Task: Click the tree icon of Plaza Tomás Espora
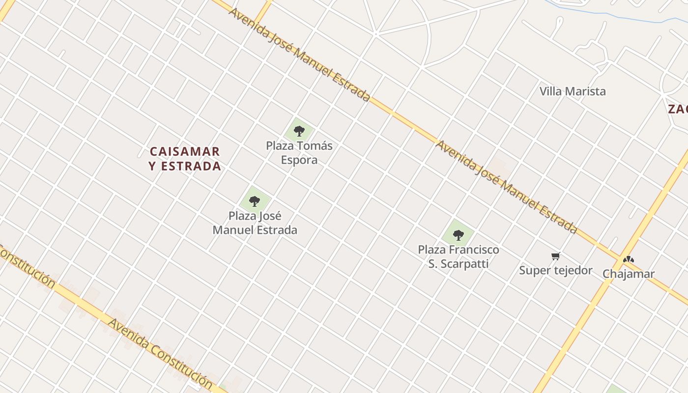299,131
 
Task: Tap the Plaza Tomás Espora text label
299,153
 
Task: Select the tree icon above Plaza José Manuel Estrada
254,201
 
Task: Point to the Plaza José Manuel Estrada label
255,223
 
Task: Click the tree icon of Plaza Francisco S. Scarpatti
459,235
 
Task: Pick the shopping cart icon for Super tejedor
555,256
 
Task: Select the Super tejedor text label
555,270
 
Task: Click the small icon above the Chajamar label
628,259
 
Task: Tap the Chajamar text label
629,274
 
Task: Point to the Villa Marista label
573,91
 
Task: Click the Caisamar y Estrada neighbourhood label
185,159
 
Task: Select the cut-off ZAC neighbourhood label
678,109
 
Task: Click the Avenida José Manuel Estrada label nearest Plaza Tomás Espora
299,55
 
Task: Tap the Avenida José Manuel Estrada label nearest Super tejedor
506,187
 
